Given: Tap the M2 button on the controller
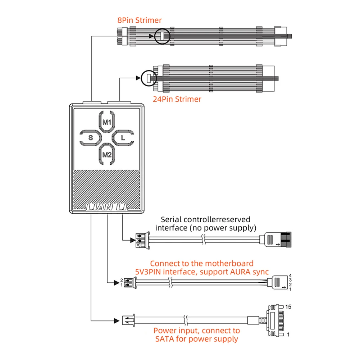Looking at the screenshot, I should pos(106,155).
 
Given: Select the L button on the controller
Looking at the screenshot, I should pos(123,137).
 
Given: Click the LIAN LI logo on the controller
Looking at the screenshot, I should pos(106,208).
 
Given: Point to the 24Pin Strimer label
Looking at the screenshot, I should pos(177,99).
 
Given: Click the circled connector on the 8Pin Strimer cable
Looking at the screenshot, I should pos(162,36).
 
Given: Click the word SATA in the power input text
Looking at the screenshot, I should pos(164,339).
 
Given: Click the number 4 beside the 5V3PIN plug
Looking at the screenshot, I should pos(290,275).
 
